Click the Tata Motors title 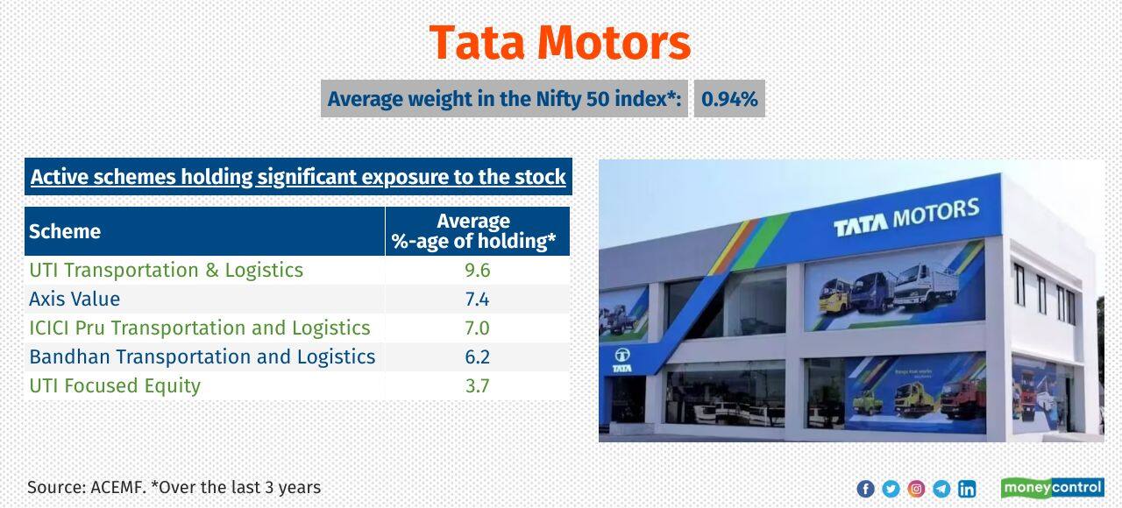[560, 42]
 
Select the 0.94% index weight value [729, 99]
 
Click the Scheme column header [65, 231]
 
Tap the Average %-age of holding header [474, 231]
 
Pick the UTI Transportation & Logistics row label [166, 270]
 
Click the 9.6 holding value [477, 270]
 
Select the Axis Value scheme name [75, 299]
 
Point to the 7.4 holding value [477, 299]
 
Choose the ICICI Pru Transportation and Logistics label [200, 328]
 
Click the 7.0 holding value [477, 328]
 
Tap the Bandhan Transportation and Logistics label [202, 356]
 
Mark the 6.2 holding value [477, 356]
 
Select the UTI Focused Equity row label [115, 385]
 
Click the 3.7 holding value [477, 385]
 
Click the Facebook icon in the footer [865, 489]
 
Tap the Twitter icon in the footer [891, 489]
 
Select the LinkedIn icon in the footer [967, 489]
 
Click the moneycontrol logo [1052, 488]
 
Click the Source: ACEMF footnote [174, 487]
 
